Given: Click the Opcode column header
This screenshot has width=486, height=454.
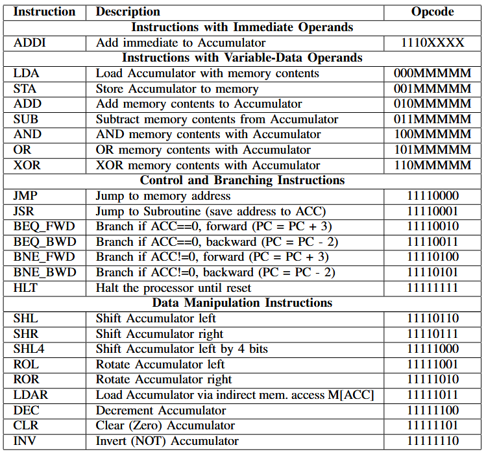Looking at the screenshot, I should coord(432,12).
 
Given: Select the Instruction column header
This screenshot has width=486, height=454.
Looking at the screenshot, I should coord(44,12).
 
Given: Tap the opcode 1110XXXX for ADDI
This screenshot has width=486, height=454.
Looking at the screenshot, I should coord(432,43).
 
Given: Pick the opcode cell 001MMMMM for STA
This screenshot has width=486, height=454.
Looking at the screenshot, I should coord(432,89).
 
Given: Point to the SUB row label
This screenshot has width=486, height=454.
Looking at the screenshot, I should coord(25,119).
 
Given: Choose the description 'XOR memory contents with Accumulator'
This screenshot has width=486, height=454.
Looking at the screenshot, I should coord(208,165).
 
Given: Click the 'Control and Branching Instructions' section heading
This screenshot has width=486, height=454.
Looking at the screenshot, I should coord(242,180).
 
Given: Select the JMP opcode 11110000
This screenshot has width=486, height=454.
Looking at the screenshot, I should coord(432,196).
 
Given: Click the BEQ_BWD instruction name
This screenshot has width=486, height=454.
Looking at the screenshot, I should coord(44,242).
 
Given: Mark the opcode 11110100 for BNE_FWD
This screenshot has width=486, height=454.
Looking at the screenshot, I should coord(432,257).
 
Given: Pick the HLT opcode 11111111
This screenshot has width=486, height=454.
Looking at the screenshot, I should coord(432,288).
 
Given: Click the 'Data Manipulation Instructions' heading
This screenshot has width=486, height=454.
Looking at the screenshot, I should coord(242,303).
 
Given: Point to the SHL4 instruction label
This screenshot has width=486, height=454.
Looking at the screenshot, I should coord(30,349).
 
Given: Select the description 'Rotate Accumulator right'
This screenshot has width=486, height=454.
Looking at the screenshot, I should coord(164,379).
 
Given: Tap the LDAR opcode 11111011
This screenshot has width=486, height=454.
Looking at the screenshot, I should coord(432,395).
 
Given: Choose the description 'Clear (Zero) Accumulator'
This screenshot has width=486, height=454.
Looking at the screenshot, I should coord(165,425).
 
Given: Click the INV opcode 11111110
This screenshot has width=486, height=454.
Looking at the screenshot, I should coord(432,441).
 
